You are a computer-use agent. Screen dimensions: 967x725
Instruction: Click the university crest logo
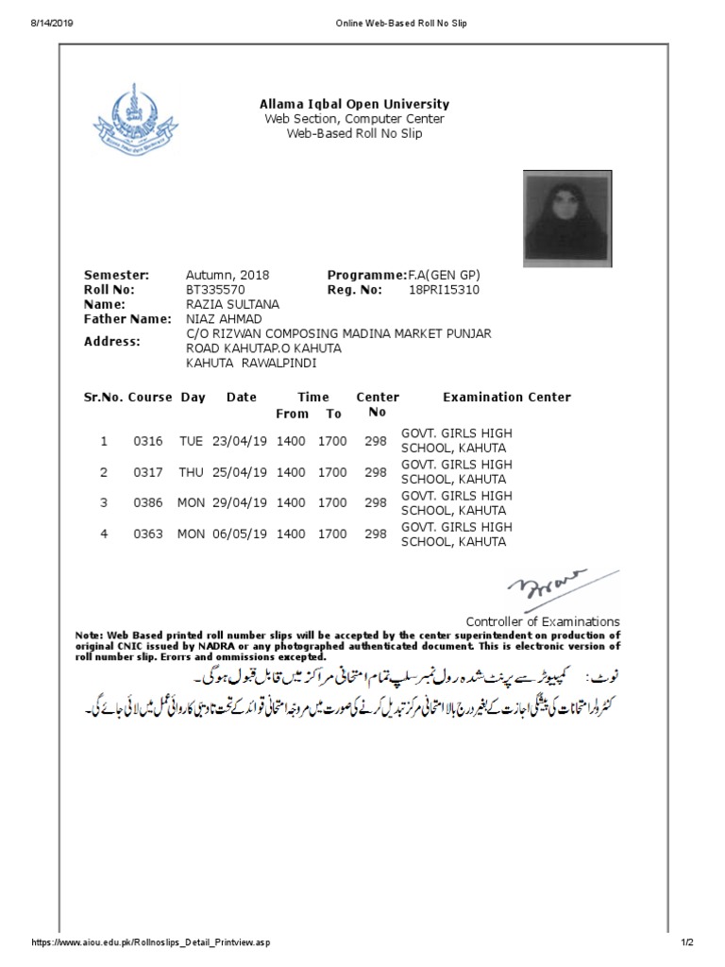[x=133, y=123]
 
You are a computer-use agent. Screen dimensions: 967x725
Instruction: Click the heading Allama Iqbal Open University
[x=354, y=104]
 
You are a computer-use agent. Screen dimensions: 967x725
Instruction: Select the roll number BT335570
[x=216, y=290]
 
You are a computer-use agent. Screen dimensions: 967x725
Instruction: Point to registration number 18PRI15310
[x=444, y=290]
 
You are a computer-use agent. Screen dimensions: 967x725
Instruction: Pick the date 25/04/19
[x=240, y=472]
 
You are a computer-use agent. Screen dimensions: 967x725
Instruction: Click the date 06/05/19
[x=240, y=534]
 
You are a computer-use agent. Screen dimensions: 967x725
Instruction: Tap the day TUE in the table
[x=191, y=441]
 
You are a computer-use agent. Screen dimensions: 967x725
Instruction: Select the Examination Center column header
[x=507, y=398]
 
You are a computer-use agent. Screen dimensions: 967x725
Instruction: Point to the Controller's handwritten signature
[x=547, y=585]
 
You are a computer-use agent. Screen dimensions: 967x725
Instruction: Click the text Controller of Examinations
[x=543, y=621]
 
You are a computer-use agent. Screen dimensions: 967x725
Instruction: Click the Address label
[x=112, y=341]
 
